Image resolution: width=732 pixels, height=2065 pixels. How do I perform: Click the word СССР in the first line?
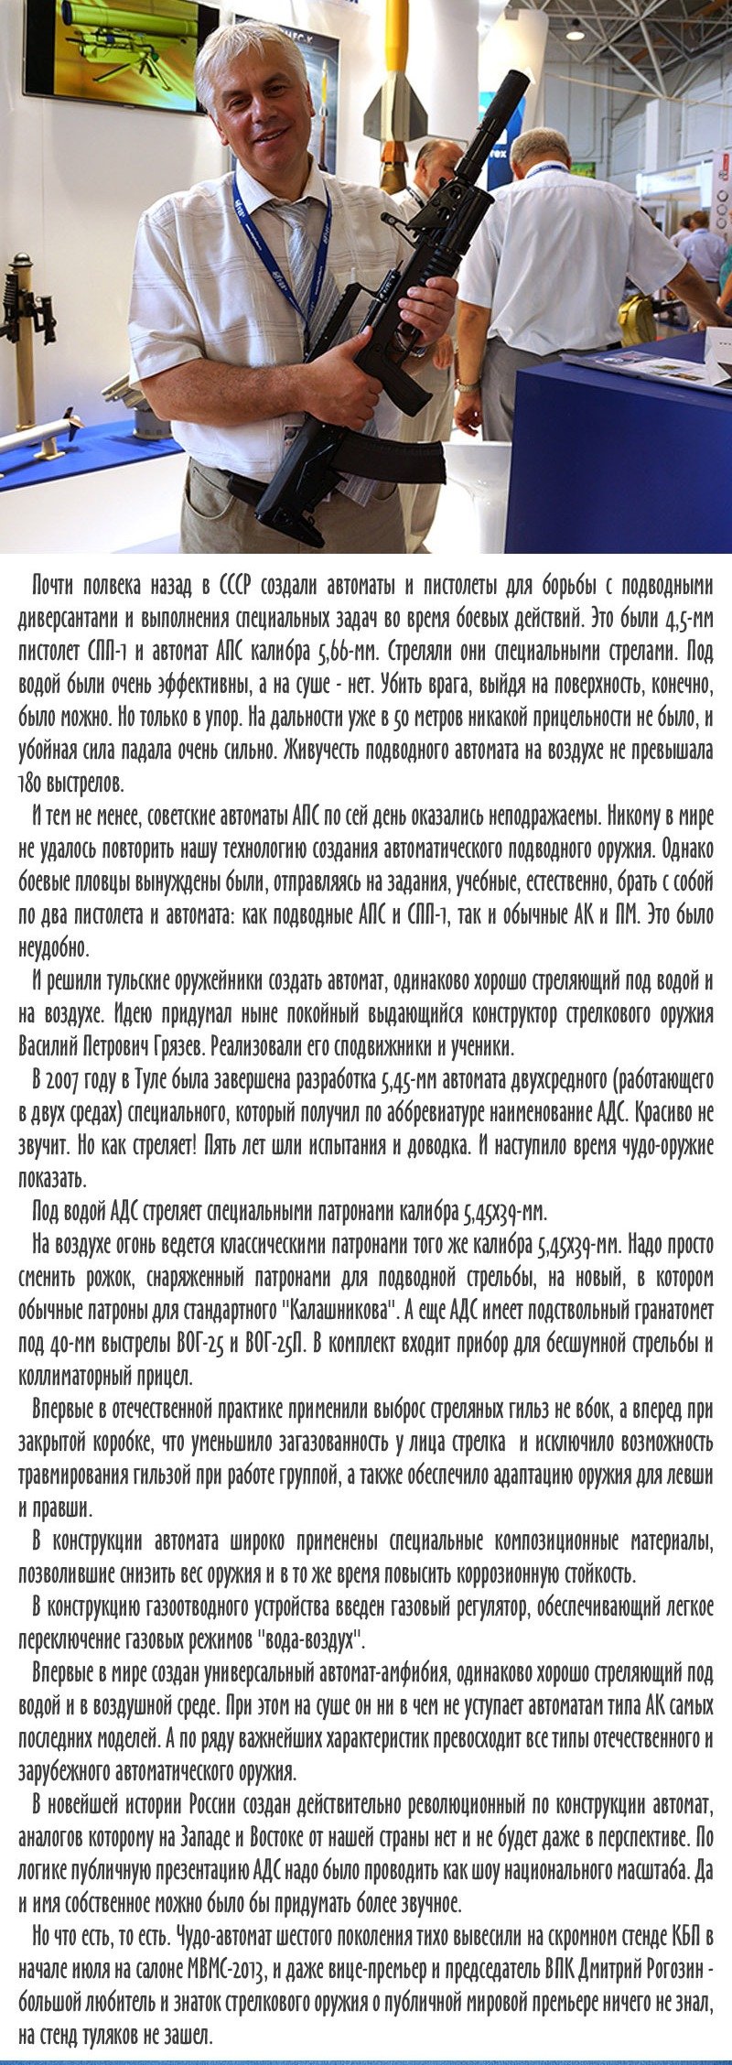(238, 585)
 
